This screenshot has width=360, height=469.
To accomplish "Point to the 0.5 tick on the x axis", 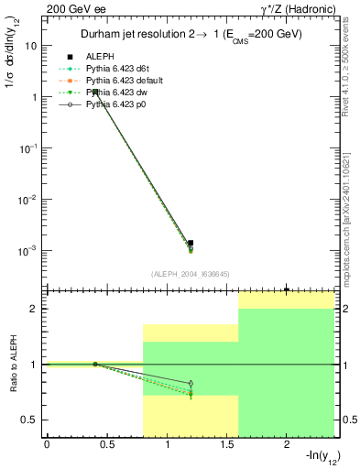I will point(106,445).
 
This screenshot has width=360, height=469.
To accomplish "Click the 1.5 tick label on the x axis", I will point(226,445).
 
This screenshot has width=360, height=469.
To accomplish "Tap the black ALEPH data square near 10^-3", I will point(190,243).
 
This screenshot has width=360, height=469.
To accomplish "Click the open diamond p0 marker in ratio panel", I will point(191,383).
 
